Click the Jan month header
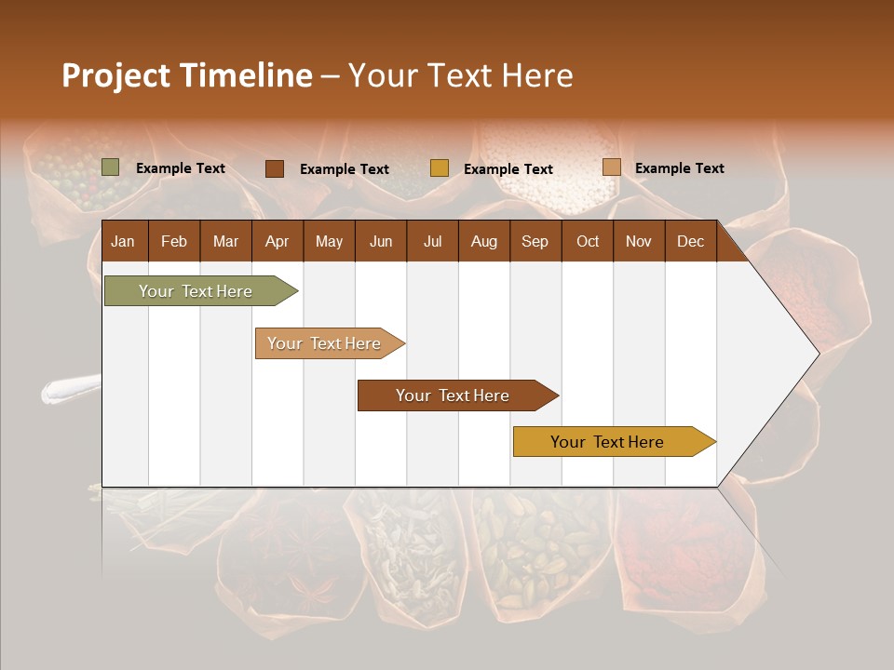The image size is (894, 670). click(x=123, y=242)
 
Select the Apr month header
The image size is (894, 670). click(x=278, y=242)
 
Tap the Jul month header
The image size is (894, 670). click(x=433, y=242)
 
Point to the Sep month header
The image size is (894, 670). click(x=535, y=242)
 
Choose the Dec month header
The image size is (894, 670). click(x=690, y=242)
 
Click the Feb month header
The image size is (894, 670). click(x=174, y=242)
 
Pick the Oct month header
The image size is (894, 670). click(x=588, y=242)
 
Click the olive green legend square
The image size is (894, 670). click(x=110, y=167)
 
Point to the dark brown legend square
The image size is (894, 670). click(x=275, y=168)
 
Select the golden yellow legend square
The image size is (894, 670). click(x=440, y=168)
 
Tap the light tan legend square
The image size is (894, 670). click(x=611, y=167)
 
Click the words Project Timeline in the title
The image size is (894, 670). click(x=186, y=75)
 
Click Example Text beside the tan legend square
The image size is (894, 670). click(x=679, y=168)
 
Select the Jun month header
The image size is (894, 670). click(x=381, y=242)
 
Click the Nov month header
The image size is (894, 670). click(x=639, y=242)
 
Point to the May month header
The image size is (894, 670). click(x=329, y=242)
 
